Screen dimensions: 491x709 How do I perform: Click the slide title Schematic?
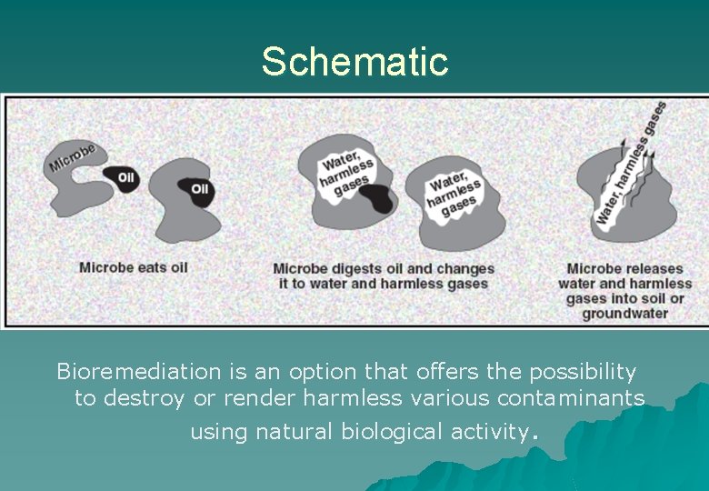coord(354,61)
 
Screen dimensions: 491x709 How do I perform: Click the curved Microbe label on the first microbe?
coord(72,157)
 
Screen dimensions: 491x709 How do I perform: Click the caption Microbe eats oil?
coord(133,267)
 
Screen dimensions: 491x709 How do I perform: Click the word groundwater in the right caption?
coord(624,314)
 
